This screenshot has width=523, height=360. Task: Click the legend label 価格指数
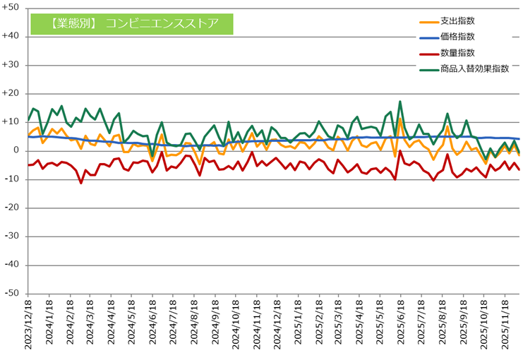pyautogui.click(x=457, y=37)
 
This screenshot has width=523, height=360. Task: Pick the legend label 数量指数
pyautogui.click(x=457, y=53)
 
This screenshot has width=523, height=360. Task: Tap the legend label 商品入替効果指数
pyautogui.click(x=474, y=68)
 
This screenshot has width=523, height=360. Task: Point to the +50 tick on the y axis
pyautogui.click(x=13, y=8)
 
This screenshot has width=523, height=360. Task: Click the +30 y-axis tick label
pyautogui.click(x=13, y=65)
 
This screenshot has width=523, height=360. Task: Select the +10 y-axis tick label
pyautogui.click(x=13, y=122)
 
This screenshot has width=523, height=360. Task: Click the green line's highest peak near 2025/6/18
pyautogui.click(x=400, y=102)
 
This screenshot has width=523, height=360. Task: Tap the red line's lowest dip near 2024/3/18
pyautogui.click(x=81, y=183)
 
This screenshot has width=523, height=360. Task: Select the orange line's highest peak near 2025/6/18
pyautogui.click(x=400, y=119)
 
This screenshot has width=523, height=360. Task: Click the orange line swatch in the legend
pyautogui.click(x=426, y=21)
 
